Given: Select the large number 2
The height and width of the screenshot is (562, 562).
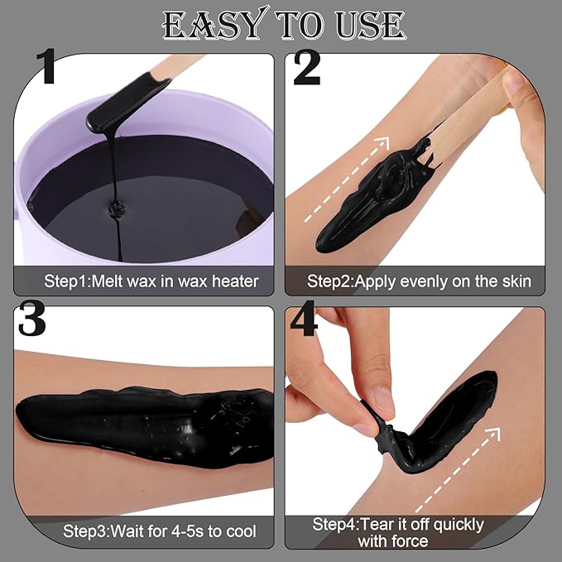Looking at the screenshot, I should click(x=306, y=71).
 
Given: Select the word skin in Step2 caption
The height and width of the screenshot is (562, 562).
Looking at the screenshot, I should click(x=514, y=281).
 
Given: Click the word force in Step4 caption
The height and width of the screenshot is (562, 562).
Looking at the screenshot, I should click(x=411, y=541).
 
